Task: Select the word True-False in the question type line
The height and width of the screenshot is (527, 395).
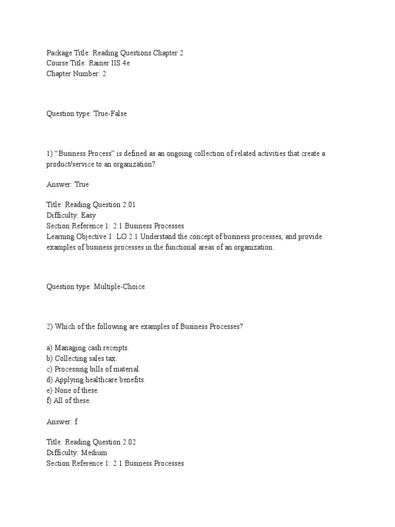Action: coord(110,114)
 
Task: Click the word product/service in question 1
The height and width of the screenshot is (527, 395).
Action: coord(69,164)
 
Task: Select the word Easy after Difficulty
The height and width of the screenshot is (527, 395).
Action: coord(87,215)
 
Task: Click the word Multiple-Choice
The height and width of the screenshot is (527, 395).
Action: coord(119,287)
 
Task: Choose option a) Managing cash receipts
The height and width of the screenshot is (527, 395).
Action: coord(88,348)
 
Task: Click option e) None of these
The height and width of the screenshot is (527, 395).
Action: coord(73,390)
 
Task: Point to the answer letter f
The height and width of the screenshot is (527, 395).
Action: coord(76,421)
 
